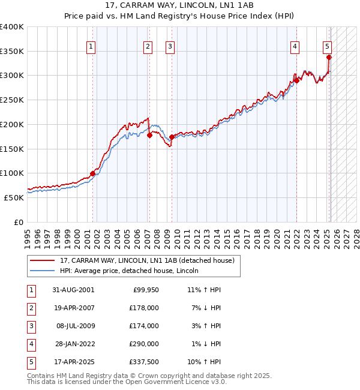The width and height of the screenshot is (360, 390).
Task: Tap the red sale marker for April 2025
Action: (x=329, y=58)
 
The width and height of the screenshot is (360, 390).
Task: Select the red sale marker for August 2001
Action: (x=93, y=174)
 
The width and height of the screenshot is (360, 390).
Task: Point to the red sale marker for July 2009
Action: (x=172, y=137)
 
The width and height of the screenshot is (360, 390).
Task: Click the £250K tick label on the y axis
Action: (x=11, y=100)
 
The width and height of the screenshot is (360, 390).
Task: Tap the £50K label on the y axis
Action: (x=14, y=197)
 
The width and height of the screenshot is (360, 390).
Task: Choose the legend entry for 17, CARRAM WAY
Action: (x=150, y=260)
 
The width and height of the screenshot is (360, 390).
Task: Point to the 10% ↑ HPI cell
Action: (x=205, y=362)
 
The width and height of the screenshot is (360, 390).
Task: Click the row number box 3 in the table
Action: (x=31, y=326)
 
